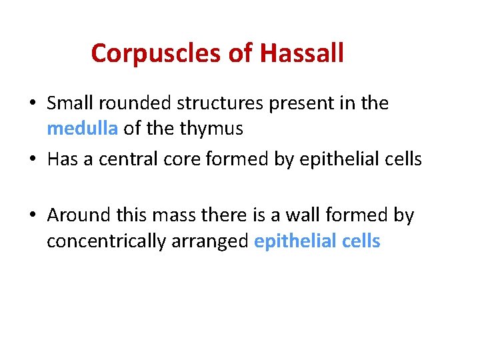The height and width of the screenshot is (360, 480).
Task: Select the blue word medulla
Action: click(82, 129)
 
